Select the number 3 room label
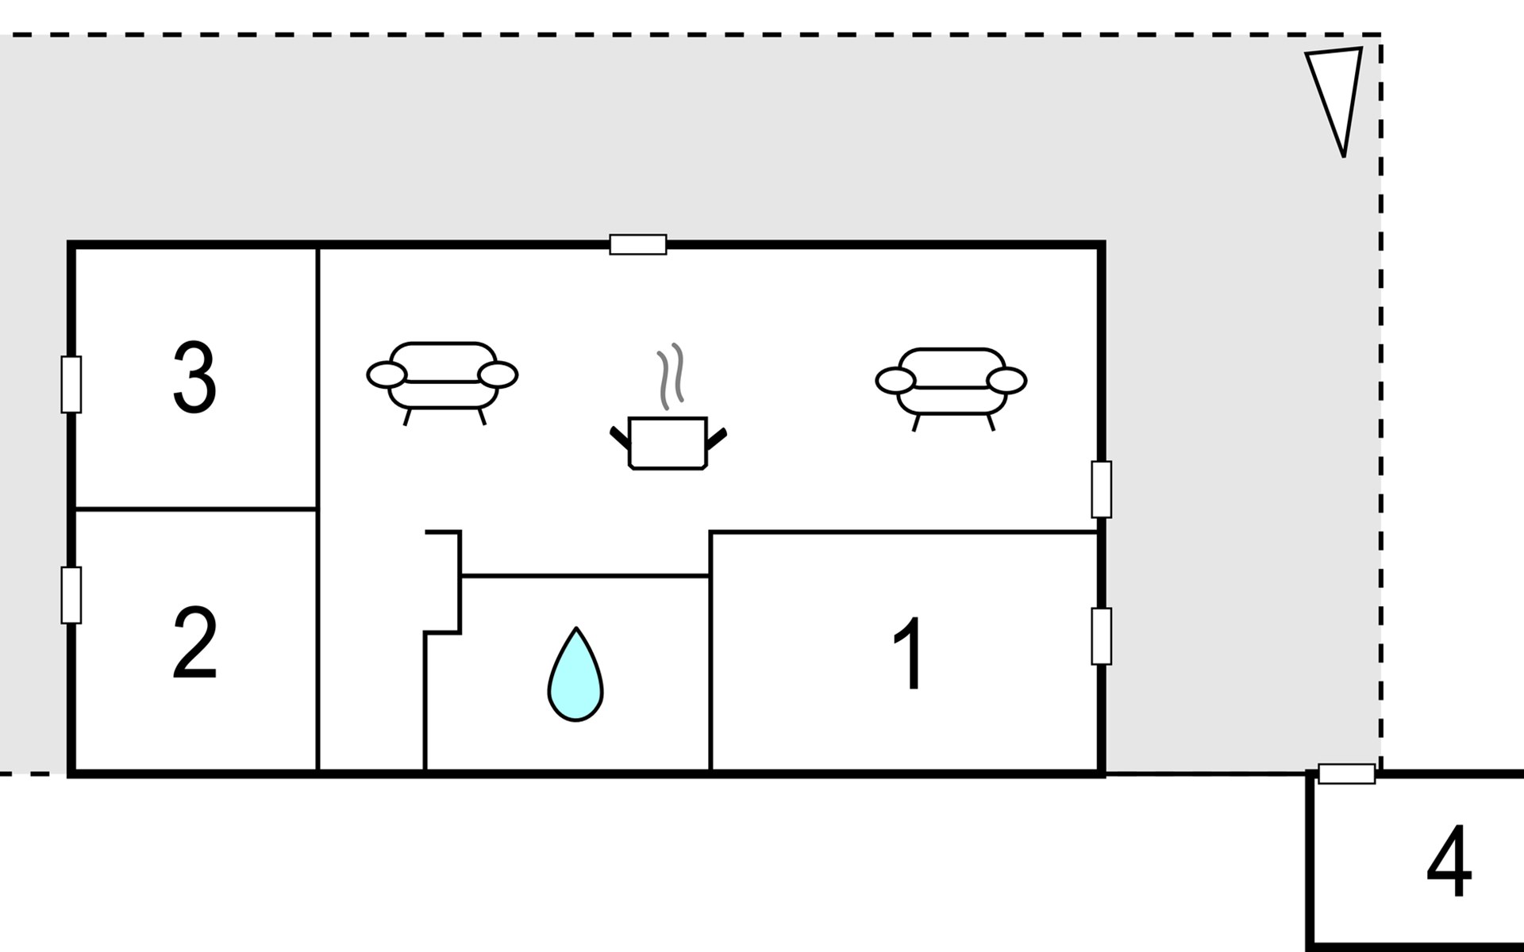[x=194, y=378]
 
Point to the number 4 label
[x=1449, y=861]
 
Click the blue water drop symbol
[x=575, y=675]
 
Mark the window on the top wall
[x=638, y=244]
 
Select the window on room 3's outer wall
[x=71, y=385]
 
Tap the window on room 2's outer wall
[x=71, y=595]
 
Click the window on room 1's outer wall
[x=1101, y=636]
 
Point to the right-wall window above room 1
[x=1101, y=489]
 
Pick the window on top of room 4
[x=1347, y=773]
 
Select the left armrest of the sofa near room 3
[x=387, y=374]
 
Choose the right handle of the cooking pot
[x=717, y=439]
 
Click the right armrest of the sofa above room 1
[x=1007, y=381]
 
